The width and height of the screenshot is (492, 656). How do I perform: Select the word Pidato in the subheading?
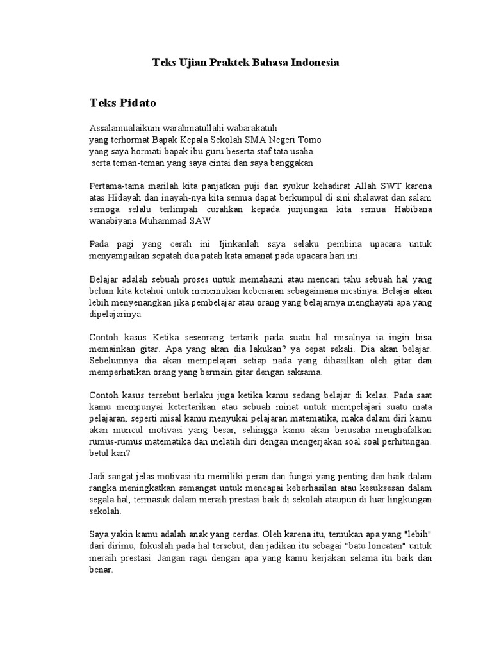(x=138, y=102)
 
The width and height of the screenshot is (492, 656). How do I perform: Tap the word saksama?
(x=305, y=372)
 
